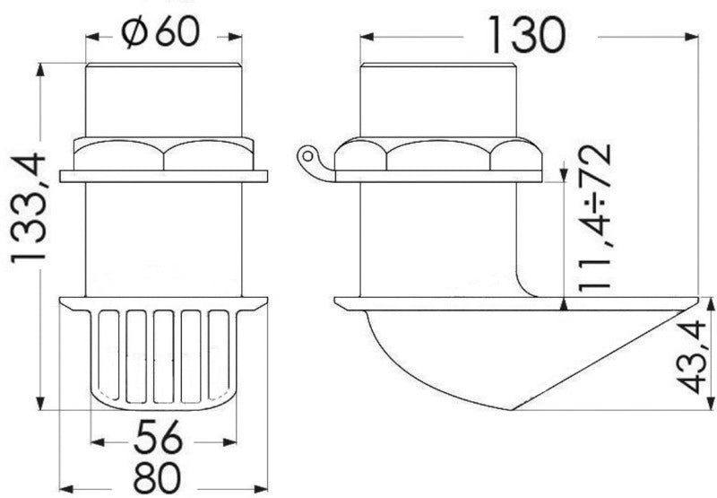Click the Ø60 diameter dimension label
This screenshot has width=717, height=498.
point(163,35)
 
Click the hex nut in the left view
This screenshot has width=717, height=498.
point(163,153)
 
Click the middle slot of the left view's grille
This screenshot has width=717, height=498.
point(163,354)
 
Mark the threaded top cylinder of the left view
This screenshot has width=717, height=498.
point(163,99)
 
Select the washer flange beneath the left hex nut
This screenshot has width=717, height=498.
point(163,176)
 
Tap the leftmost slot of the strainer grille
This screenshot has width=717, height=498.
point(108,354)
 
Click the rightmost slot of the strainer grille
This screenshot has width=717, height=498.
point(218,354)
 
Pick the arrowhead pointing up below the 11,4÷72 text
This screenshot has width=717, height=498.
point(563,304)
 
